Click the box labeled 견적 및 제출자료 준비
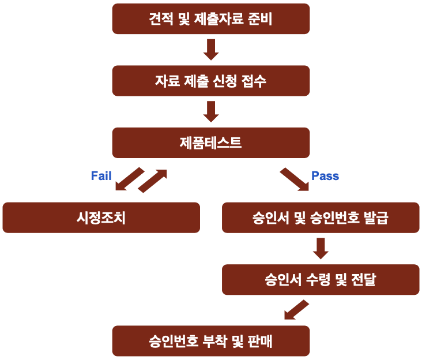(x=210, y=19)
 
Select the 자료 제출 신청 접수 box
(x=210, y=81)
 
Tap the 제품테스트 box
(x=210, y=142)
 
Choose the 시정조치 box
(x=101, y=217)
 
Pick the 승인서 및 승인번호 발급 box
(x=320, y=217)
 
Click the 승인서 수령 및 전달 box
(x=320, y=280)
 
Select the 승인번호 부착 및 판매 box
(x=210, y=341)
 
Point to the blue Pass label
(x=325, y=176)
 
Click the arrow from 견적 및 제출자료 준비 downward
(x=211, y=50)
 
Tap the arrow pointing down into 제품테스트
(x=211, y=111)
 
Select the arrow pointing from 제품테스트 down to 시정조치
(x=129, y=179)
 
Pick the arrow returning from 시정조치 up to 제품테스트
(x=153, y=181)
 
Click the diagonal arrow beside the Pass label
(x=294, y=179)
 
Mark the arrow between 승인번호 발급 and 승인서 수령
(x=321, y=248)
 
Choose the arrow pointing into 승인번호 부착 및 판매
(x=296, y=310)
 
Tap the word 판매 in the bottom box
(x=260, y=341)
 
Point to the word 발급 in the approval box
(x=375, y=217)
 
